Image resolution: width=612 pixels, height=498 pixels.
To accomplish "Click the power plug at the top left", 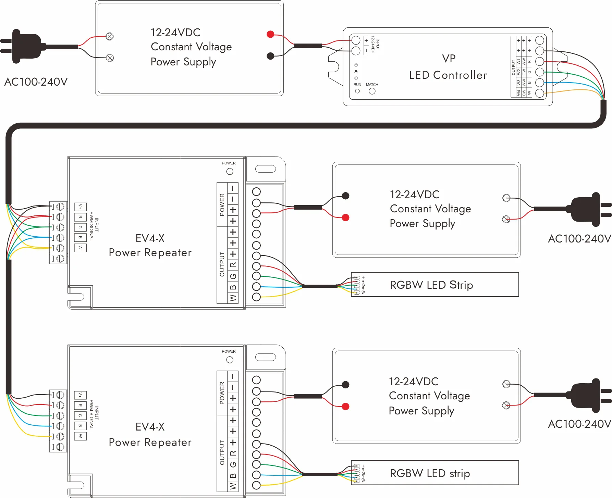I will (x=26, y=47).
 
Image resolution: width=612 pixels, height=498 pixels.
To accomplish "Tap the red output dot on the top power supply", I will (x=270, y=34).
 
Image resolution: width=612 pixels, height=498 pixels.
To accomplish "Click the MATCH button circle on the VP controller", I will (x=372, y=91).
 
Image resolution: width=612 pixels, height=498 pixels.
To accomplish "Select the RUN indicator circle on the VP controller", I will (x=357, y=91).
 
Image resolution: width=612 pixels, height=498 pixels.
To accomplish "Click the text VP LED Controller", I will (x=448, y=67).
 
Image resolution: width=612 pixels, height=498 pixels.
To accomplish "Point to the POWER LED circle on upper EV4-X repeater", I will (x=230, y=171).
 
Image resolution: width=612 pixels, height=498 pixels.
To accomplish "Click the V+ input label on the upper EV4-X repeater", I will (x=80, y=207).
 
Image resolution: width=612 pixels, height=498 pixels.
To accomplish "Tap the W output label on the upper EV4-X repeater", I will (x=233, y=298).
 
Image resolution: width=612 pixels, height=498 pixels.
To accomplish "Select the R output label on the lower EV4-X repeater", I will (x=233, y=453).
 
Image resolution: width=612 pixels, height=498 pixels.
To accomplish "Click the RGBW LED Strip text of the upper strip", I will (x=431, y=285).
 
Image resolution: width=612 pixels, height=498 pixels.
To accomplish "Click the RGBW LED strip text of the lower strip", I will (x=430, y=473).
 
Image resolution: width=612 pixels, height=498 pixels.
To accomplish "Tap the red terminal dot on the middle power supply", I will (x=345, y=217).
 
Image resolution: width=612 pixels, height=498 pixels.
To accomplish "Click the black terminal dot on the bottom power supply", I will (x=345, y=385).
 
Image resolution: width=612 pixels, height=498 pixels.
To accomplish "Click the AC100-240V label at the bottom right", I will (x=579, y=424).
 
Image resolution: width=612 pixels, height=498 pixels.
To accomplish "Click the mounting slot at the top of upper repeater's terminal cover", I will (x=266, y=169).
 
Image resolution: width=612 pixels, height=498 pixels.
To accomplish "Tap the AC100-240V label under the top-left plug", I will (x=36, y=82).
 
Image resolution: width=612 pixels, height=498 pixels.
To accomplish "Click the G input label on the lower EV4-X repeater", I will (x=80, y=415).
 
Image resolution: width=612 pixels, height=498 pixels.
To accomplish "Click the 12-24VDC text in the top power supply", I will (x=175, y=33).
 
